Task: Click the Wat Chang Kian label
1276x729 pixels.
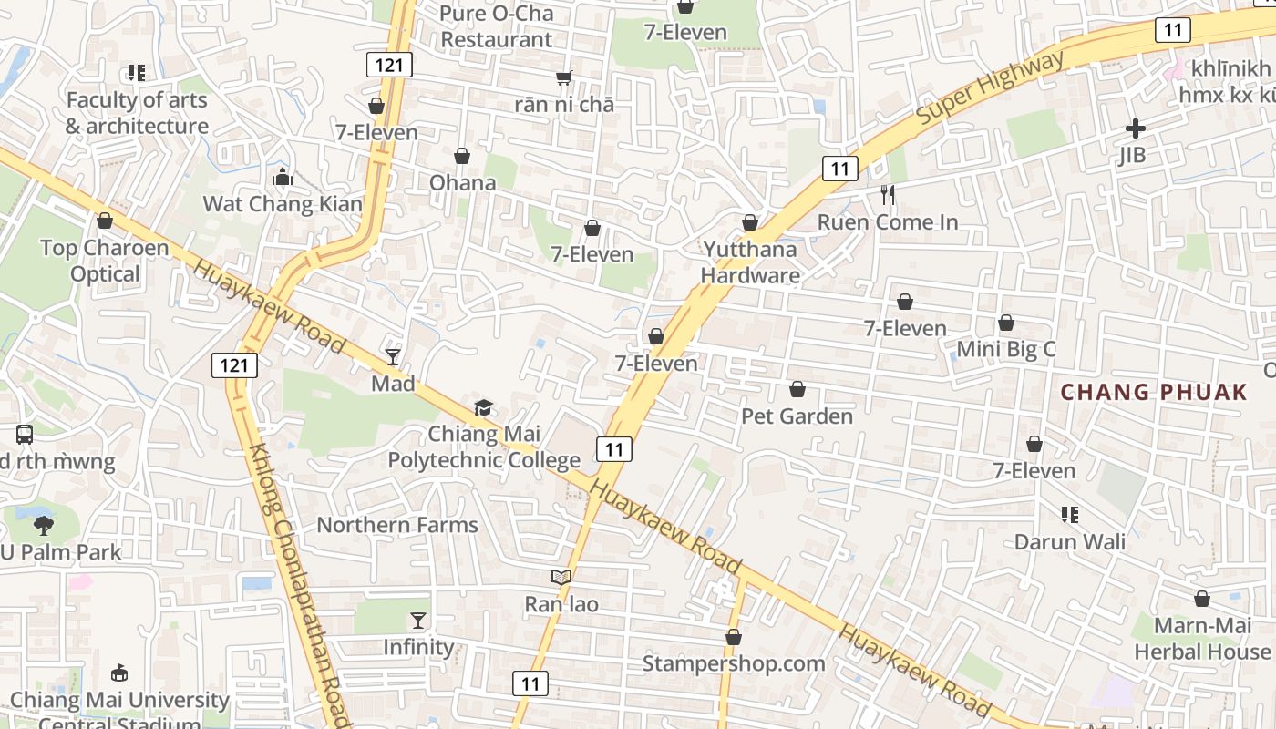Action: click(283, 203)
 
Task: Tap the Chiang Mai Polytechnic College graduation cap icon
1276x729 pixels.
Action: click(482, 407)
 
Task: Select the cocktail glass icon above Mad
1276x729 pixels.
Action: click(393, 356)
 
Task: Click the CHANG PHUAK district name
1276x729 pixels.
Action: click(1154, 393)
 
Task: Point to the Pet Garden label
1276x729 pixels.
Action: click(797, 416)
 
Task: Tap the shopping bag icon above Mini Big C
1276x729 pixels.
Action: click(1006, 323)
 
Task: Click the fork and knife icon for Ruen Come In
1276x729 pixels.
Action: click(888, 195)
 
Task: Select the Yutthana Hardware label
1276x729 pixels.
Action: click(750, 262)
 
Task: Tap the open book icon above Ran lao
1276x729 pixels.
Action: click(561, 577)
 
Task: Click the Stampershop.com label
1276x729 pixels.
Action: click(734, 663)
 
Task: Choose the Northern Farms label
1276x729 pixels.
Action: click(397, 525)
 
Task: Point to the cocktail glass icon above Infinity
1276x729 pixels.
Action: click(418, 621)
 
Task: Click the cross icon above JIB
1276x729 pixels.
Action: click(1135, 128)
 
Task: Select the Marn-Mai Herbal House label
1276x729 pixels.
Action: click(1202, 639)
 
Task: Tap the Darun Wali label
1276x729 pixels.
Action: click(1070, 542)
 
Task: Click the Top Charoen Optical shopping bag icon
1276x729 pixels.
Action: click(105, 221)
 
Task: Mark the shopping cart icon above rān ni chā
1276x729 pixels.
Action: click(564, 78)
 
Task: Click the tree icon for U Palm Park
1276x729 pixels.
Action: click(43, 525)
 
